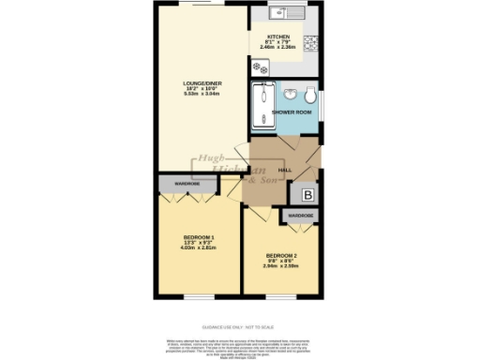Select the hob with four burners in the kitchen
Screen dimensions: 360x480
click(258, 67)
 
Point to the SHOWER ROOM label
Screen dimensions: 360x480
click(288, 112)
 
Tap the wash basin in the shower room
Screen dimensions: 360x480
click(292, 94)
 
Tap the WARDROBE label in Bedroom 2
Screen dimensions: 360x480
click(300, 216)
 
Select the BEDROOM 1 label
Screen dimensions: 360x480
click(199, 236)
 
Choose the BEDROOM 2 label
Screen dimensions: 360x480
click(281, 256)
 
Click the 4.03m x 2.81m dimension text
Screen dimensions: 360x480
click(199, 248)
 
